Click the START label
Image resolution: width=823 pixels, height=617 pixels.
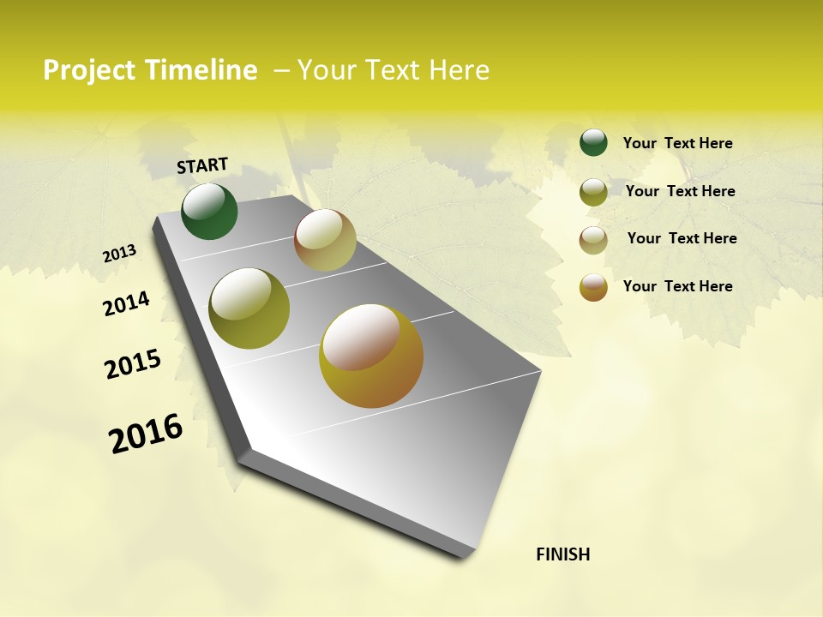(x=202, y=165)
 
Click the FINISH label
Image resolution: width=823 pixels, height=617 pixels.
(x=562, y=554)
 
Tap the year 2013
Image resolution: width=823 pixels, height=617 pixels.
(x=120, y=254)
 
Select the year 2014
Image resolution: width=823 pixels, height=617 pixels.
(x=126, y=304)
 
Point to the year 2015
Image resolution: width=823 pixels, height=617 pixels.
(x=133, y=364)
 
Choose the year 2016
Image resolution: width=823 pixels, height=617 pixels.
(x=146, y=434)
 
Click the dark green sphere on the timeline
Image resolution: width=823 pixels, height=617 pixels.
(x=209, y=211)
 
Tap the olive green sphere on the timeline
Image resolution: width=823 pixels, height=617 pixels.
(x=249, y=308)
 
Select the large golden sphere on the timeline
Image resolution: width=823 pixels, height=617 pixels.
(x=371, y=356)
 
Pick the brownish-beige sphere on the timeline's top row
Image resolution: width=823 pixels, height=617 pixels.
(x=325, y=240)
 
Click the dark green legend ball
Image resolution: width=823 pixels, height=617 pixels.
(x=593, y=142)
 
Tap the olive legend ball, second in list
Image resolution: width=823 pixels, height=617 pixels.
(x=593, y=191)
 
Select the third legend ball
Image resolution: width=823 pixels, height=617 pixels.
(x=593, y=239)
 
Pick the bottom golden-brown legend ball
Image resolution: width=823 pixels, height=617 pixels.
(x=593, y=287)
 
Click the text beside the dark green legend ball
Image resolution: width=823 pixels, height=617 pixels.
(x=677, y=143)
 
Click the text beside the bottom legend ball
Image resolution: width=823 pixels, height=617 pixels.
(x=677, y=286)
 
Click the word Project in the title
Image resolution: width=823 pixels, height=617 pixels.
(x=89, y=70)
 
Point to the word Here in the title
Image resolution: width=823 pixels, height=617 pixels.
(x=459, y=70)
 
